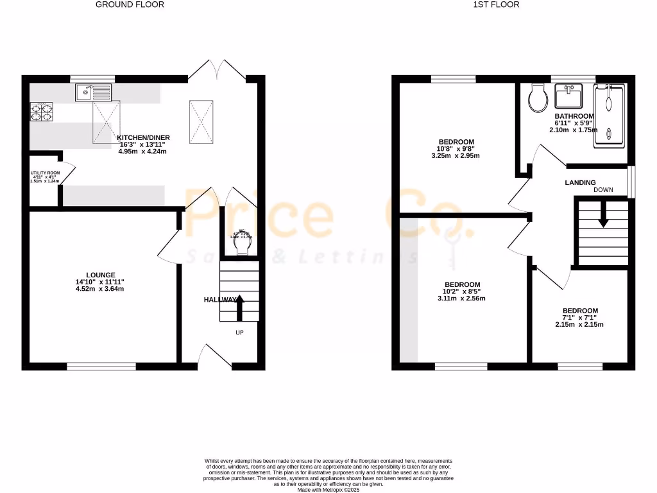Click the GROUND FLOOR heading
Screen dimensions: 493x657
point(130,4)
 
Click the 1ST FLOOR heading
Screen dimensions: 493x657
point(496,4)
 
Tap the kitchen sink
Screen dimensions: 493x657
point(94,94)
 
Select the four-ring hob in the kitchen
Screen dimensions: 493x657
point(41,112)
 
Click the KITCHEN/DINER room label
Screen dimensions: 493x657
point(142,137)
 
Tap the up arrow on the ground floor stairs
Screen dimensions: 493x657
point(240,307)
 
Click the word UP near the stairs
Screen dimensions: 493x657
point(239,333)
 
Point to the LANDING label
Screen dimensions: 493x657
point(580,182)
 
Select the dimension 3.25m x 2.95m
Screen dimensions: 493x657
point(456,156)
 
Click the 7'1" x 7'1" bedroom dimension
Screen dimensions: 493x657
point(579,317)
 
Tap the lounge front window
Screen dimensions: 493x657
point(101,367)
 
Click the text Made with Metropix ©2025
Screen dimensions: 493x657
point(328,489)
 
